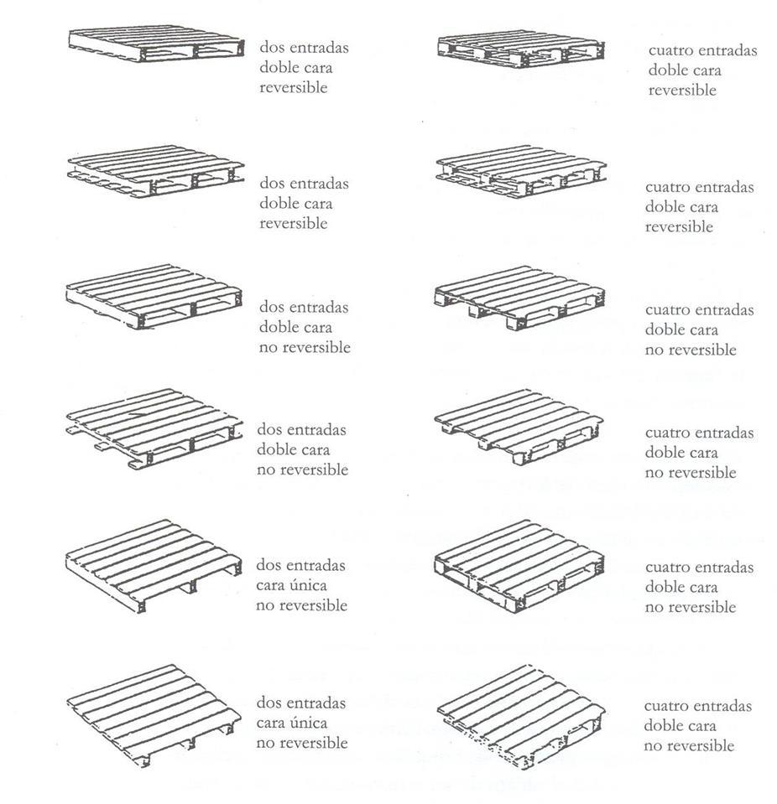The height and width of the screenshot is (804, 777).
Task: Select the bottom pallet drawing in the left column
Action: click(x=153, y=713)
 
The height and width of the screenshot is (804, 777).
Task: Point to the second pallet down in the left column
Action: click(x=155, y=170)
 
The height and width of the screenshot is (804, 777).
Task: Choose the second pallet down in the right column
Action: click(x=520, y=170)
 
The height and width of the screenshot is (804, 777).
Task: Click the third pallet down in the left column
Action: click(x=154, y=296)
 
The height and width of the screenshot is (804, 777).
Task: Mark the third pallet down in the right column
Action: click(x=519, y=297)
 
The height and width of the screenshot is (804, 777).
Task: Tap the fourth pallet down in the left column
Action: click(x=154, y=427)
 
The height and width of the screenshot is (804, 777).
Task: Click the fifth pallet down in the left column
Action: click(x=154, y=563)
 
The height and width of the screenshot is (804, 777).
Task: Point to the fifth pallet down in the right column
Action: click(x=519, y=563)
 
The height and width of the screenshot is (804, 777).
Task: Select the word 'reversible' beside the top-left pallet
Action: click(x=293, y=87)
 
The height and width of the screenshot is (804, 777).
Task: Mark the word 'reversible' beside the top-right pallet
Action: click(x=682, y=90)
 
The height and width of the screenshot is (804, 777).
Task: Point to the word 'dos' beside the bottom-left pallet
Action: click(x=270, y=703)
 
